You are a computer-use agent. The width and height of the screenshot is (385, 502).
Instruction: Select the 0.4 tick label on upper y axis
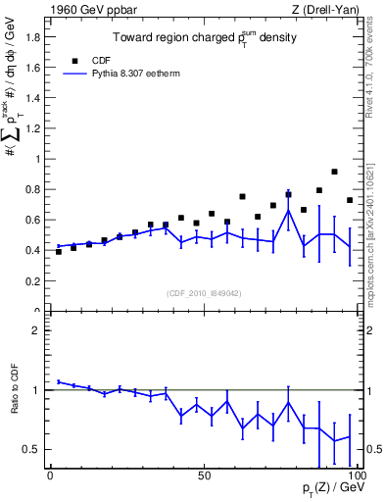tap(31, 250)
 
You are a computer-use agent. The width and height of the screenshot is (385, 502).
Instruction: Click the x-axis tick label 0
tap(50, 474)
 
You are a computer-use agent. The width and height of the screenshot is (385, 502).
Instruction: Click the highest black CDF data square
tap(334, 172)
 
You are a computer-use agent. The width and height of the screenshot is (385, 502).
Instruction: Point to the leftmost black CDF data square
tap(59, 252)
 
